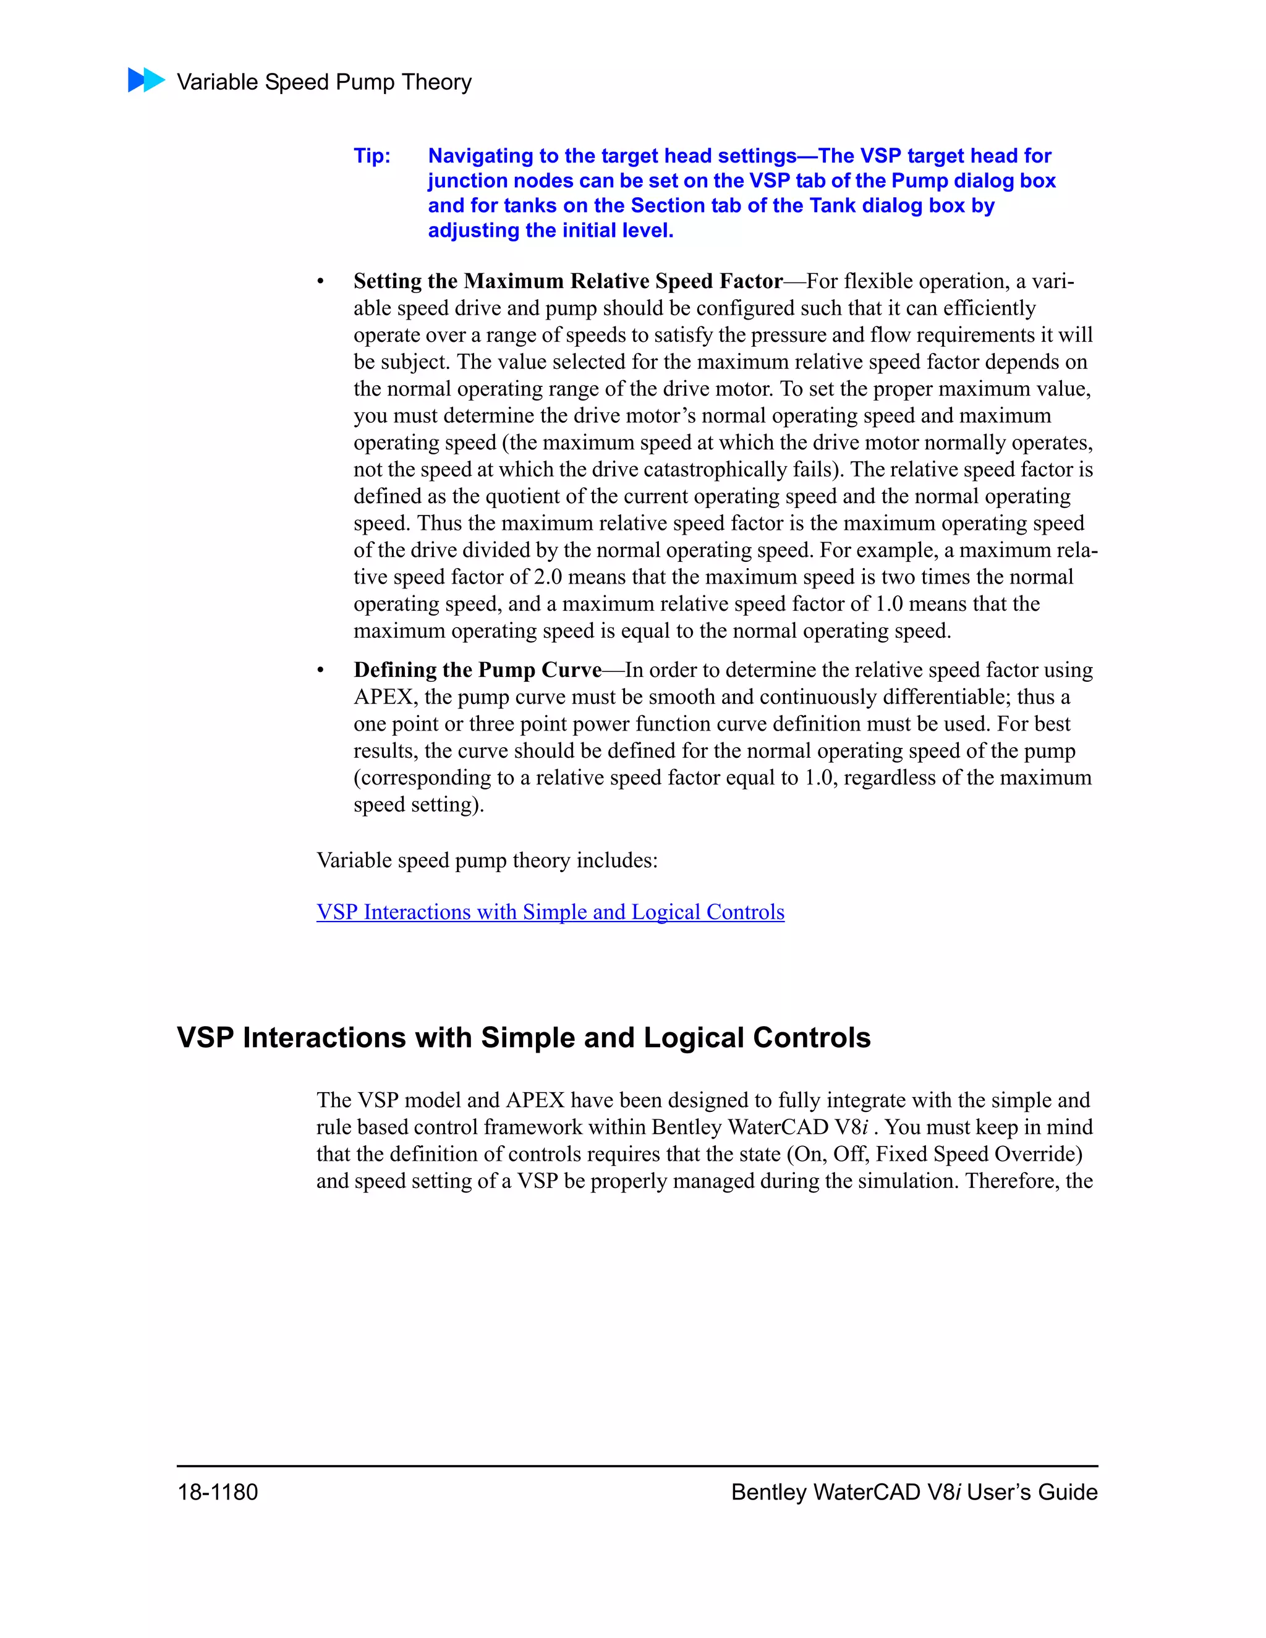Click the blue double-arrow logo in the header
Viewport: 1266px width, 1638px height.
pos(147,80)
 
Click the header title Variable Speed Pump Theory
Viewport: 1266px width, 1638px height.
pos(324,82)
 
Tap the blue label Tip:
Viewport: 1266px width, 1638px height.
pos(372,156)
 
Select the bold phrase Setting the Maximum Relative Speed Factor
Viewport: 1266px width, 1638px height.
pos(567,281)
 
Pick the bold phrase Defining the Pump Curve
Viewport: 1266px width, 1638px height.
pos(478,670)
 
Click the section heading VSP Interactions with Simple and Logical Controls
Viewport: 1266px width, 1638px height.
pos(524,1037)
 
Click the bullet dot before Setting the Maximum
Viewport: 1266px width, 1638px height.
pos(320,282)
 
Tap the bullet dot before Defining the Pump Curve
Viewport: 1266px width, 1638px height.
pos(320,671)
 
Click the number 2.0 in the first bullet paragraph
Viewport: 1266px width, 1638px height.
pos(548,577)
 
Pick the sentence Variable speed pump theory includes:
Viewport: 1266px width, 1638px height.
pos(486,860)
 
